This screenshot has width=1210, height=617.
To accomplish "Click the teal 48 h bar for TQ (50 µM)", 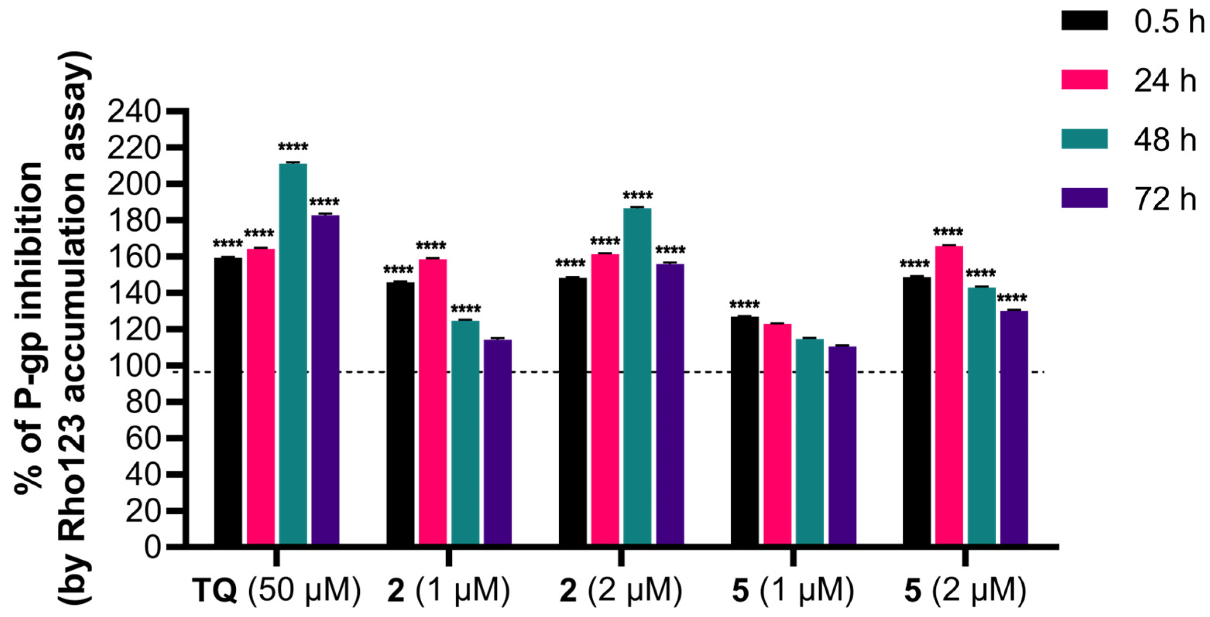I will pyautogui.click(x=293, y=352).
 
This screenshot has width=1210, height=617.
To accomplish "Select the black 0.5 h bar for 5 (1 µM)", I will pyautogui.click(x=745, y=430).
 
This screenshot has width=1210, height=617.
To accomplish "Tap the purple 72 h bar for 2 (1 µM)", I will pyautogui.click(x=498, y=442).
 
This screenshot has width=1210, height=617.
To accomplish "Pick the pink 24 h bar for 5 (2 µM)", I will pyautogui.click(x=949, y=395).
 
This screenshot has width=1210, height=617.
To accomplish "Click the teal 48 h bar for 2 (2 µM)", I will pyautogui.click(x=637, y=376).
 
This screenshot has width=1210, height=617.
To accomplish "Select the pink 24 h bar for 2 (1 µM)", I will pyautogui.click(x=433, y=402).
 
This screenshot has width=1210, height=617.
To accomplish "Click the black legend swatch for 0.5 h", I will pyautogui.click(x=1084, y=21).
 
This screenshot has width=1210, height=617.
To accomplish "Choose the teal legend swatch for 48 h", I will pyautogui.click(x=1084, y=139).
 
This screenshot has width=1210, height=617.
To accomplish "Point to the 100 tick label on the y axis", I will pyautogui.click(x=134, y=366).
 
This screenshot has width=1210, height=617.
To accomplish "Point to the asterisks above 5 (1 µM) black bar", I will pyautogui.click(x=745, y=304).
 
